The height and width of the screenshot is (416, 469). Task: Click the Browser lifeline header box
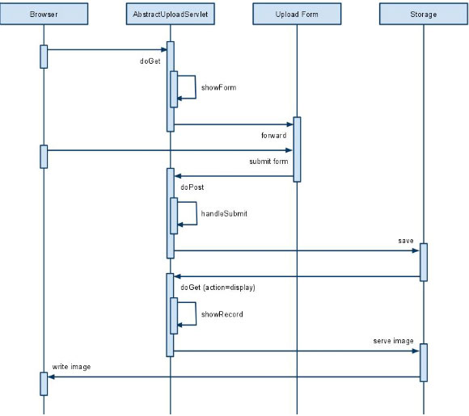pos(44,14)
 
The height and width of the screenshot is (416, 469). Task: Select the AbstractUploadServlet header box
pos(170,14)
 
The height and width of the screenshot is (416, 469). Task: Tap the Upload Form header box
pos(297,14)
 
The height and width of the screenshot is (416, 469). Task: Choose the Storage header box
pos(424,14)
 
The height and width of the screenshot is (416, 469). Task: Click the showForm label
pos(218,87)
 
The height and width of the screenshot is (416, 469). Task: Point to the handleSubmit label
pos(224,214)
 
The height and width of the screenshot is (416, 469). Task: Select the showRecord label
pos(222,314)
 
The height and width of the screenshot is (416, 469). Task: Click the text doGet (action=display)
pos(218,288)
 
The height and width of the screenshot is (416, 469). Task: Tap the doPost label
pos(192,187)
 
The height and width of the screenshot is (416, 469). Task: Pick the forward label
pos(273,136)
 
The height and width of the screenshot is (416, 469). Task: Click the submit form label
pos(268,162)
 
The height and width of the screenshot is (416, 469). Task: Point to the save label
pos(406,241)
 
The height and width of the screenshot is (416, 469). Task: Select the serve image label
pos(393,341)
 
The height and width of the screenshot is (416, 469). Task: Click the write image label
pos(71,367)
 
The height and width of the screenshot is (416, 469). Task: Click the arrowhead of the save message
pos(416,250)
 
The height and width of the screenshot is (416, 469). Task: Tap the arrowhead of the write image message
pos(51,377)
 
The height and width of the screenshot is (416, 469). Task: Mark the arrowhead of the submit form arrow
pos(289,150)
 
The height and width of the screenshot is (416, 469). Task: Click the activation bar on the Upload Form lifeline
pos(297,149)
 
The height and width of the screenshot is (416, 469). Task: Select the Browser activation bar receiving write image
pos(44,384)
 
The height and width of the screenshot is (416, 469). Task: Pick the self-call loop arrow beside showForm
pos(196,87)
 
